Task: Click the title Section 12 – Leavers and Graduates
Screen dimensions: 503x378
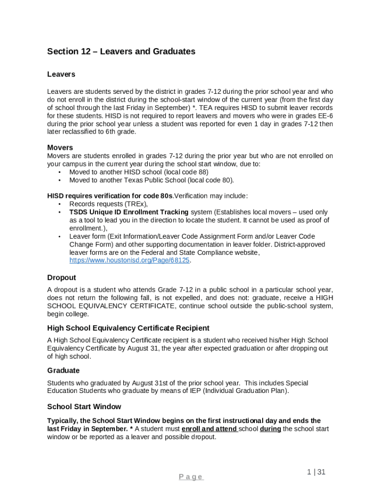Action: pos(121,52)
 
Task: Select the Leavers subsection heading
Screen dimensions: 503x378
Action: pos(61,74)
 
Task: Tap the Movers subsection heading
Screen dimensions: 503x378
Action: pos(60,147)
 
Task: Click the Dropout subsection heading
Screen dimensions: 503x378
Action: pos(61,278)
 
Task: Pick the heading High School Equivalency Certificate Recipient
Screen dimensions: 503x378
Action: pos(128,328)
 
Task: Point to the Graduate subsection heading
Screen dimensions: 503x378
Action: pos(63,370)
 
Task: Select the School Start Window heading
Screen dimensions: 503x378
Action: pos(84,407)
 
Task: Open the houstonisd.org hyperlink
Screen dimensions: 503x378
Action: pos(130,260)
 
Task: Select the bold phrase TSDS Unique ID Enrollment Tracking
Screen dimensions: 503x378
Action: pos(129,212)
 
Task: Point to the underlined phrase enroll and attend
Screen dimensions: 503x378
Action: pos(210,429)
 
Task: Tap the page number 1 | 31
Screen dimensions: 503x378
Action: pos(316,472)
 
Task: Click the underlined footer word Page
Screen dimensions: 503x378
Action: pos(191,477)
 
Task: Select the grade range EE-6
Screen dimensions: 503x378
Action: pos(324,116)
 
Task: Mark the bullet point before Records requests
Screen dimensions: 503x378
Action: pos(59,204)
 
